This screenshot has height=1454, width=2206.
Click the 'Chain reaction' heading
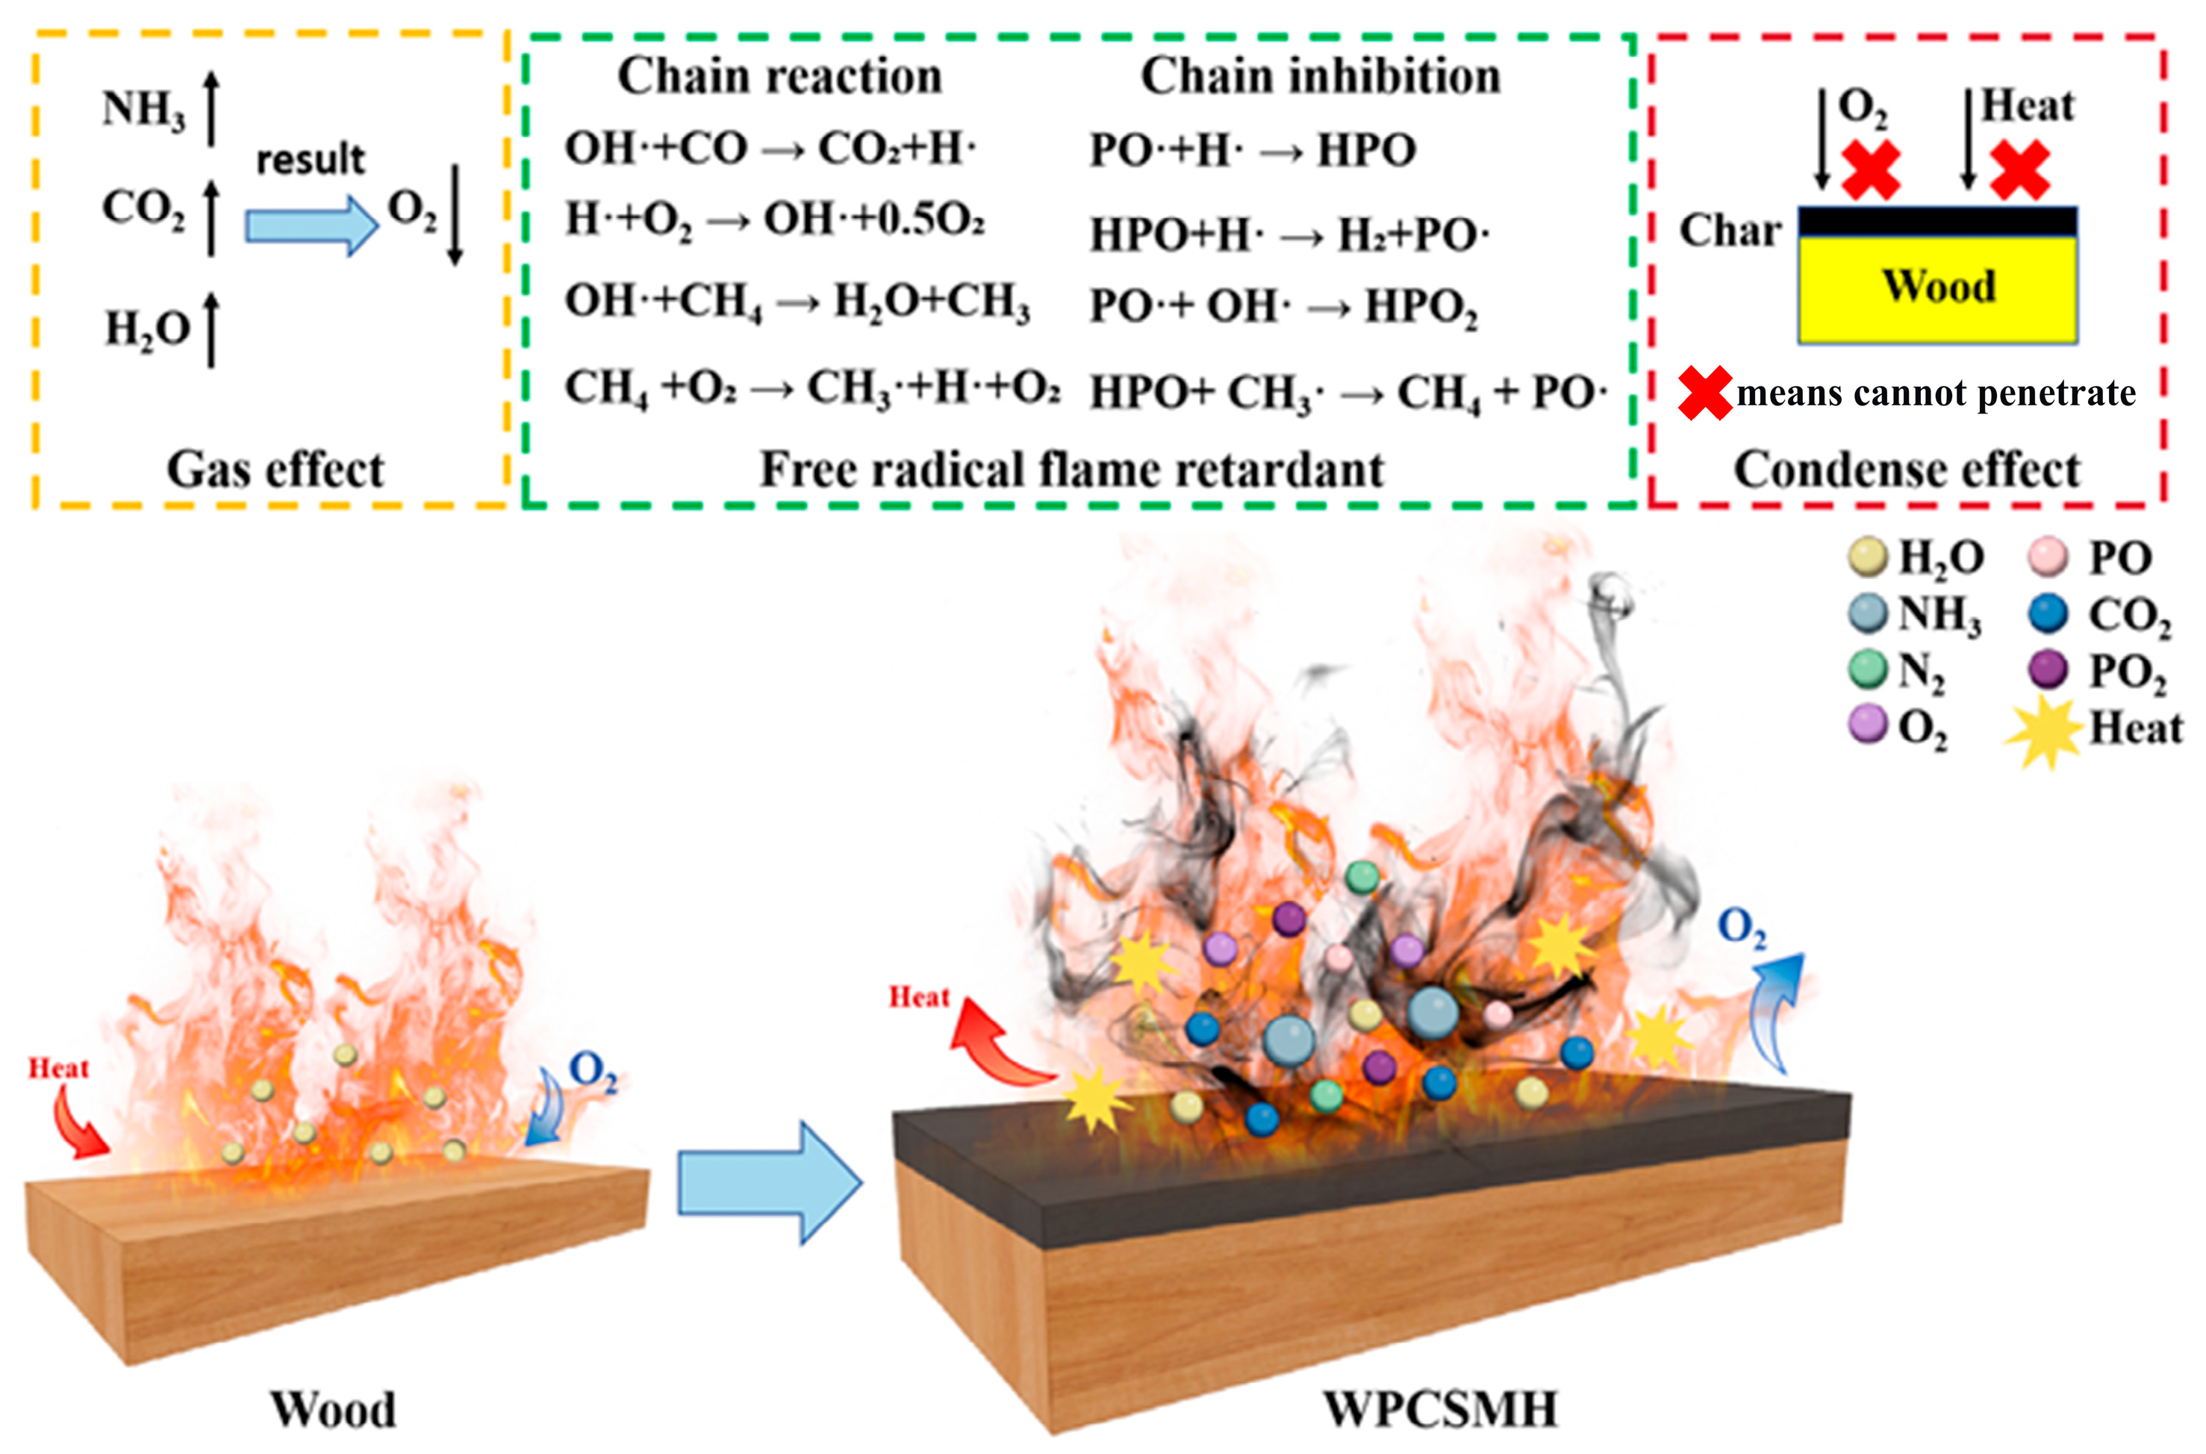779,76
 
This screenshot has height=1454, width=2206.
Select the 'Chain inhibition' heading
1320,76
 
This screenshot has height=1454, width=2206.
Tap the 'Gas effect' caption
275,469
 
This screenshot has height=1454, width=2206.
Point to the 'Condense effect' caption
1907,469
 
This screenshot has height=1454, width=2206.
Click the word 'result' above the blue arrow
311,160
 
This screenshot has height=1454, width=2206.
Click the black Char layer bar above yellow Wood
1937,222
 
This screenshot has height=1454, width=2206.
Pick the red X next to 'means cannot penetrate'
1704,393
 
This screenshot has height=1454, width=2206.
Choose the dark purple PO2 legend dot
2048,670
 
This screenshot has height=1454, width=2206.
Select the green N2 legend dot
1868,670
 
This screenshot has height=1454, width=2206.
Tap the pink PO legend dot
2048,556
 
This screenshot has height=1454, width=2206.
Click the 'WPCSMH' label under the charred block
1439,1409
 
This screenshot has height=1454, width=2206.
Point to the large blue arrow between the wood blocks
770,1182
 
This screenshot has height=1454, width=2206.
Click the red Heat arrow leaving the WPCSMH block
997,1043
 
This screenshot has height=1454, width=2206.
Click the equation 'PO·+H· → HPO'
1252,150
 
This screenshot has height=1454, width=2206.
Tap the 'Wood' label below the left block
333,1409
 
